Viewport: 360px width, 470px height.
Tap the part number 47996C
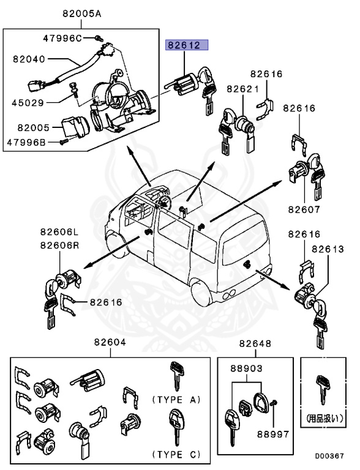(x=62, y=38)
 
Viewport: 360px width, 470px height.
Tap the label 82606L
(x=61, y=231)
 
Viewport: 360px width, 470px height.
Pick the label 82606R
(x=61, y=245)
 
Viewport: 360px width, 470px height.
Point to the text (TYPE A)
(x=176, y=400)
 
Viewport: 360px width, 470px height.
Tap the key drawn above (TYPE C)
(x=174, y=427)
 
